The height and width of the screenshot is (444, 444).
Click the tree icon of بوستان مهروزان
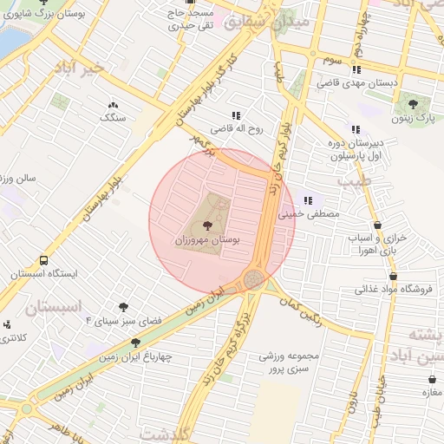pos(206,225)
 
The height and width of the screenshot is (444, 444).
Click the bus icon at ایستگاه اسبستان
pos(43,259)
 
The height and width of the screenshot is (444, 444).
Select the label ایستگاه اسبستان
pos(44,273)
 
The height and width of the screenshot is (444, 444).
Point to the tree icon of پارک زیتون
pos(411,107)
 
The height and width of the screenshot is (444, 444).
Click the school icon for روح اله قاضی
pos(235,114)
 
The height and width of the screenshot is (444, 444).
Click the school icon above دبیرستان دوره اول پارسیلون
pos(355,128)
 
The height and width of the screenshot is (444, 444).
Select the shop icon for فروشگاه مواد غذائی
pos(369,277)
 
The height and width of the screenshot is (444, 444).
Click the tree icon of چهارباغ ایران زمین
pos(135,343)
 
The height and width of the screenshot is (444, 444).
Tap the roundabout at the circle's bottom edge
pos(254,279)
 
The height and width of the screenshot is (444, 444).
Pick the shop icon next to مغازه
pos(433,379)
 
